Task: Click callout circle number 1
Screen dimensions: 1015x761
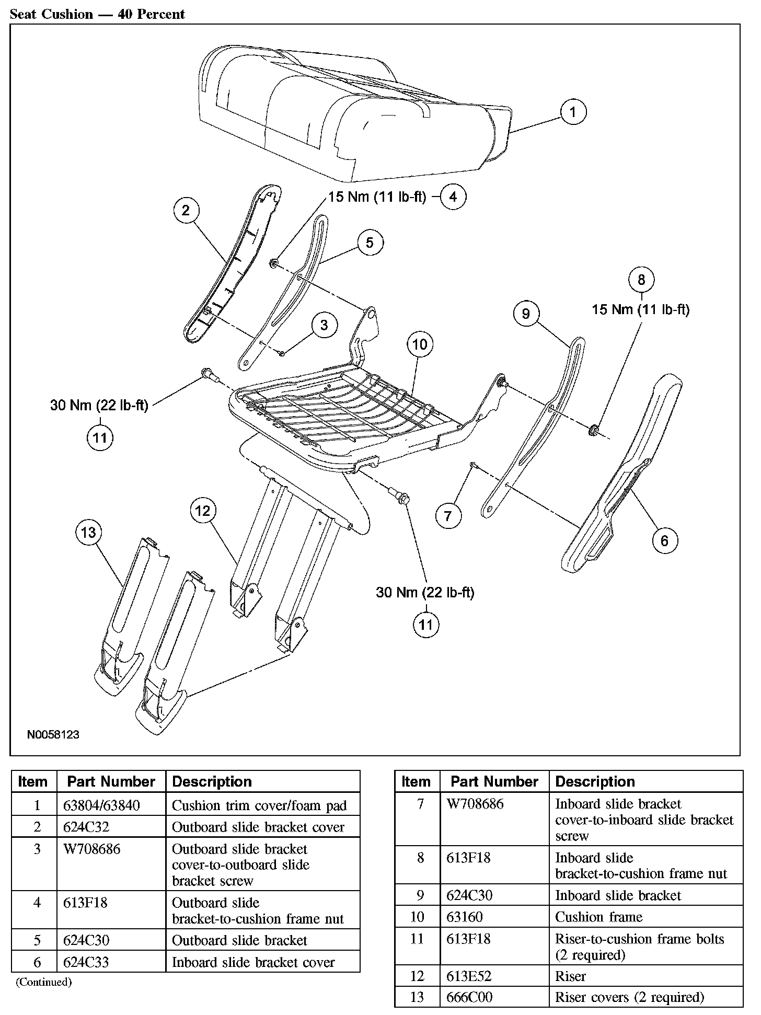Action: pyautogui.click(x=573, y=112)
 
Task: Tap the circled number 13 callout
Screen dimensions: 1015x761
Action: pyautogui.click(x=89, y=532)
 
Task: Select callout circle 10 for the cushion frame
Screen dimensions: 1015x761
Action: pyautogui.click(x=420, y=344)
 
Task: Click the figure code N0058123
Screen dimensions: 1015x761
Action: pyautogui.click(x=53, y=734)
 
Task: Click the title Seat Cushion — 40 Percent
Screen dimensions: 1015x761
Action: pyautogui.click(x=97, y=14)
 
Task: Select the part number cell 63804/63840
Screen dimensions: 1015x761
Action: pyautogui.click(x=101, y=805)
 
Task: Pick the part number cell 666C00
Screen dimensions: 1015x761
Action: pyautogui.click(x=469, y=997)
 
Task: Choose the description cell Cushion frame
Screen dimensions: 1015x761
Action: pyautogui.click(x=598, y=917)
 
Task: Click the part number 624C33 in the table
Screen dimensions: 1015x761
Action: pyautogui.click(x=86, y=962)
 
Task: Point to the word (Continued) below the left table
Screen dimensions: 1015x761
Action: pyautogui.click(x=43, y=982)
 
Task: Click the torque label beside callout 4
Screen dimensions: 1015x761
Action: pyautogui.click(x=377, y=198)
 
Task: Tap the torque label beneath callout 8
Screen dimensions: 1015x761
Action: pyautogui.click(x=640, y=310)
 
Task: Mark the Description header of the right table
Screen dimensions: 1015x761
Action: pyautogui.click(x=595, y=781)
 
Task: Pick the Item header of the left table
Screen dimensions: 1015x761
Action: pyautogui.click(x=32, y=781)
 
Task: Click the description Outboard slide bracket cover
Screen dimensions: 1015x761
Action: pyautogui.click(x=258, y=827)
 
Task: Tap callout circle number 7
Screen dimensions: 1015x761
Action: pyautogui.click(x=448, y=516)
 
